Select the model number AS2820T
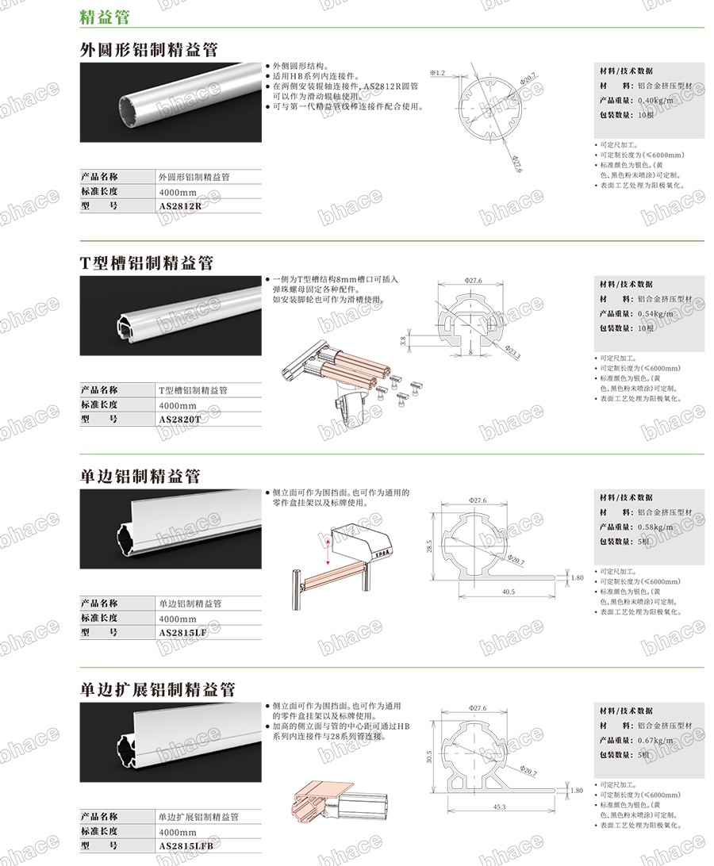point(180,419)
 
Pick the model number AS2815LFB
point(186,845)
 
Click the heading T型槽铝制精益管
point(147,262)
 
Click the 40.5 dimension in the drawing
point(509,592)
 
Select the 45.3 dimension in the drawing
point(498,807)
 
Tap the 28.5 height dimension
point(428,546)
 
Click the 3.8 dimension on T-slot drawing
point(402,341)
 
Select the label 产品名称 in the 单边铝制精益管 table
point(99,603)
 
